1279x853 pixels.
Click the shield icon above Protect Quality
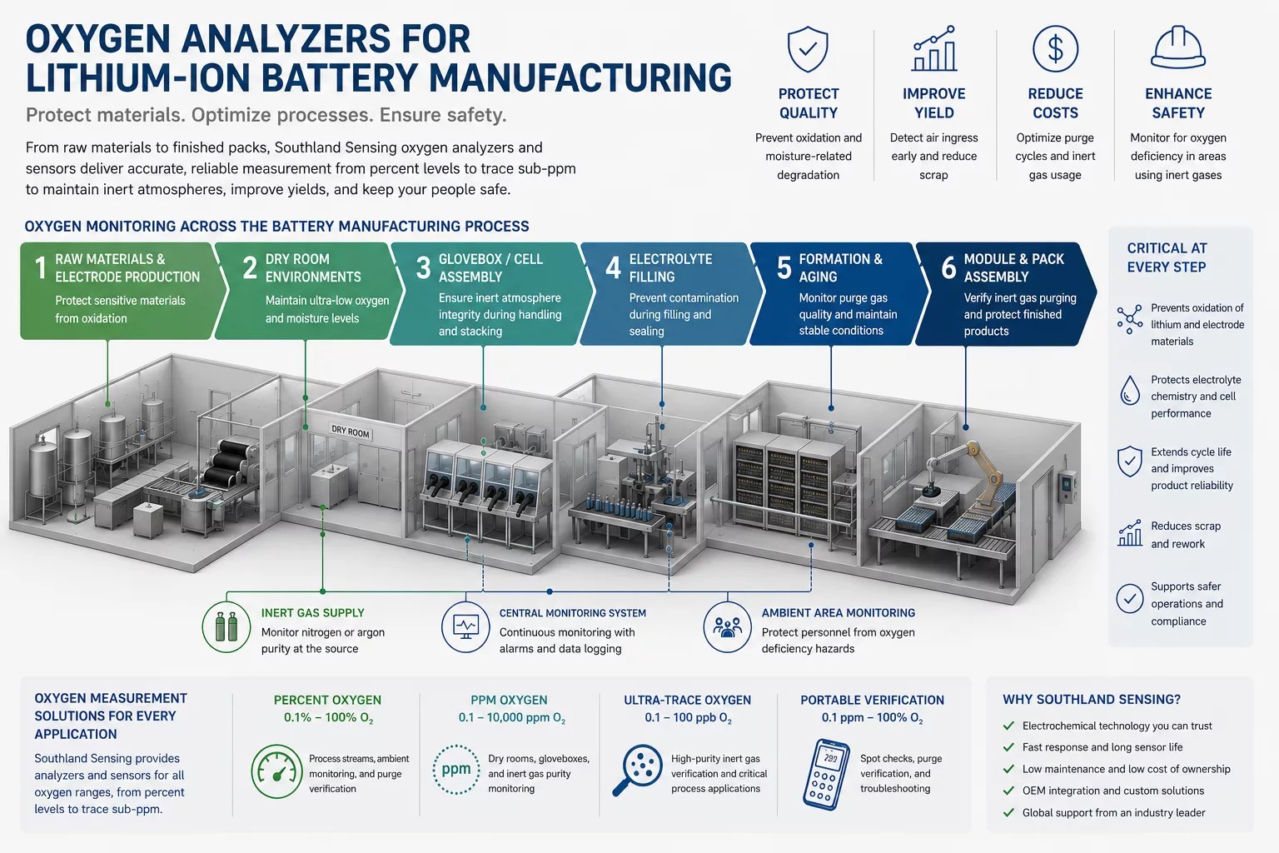[x=808, y=49]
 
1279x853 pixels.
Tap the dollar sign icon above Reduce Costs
[x=1055, y=48]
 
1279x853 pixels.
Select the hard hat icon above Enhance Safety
[x=1178, y=48]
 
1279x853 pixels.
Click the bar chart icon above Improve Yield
[x=934, y=48]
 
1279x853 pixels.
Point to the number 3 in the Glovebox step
[x=423, y=268]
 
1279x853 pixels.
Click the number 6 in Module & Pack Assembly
[x=948, y=267]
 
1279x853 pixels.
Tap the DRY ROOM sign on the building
[x=351, y=432]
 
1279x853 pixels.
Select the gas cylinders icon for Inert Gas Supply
[x=226, y=626]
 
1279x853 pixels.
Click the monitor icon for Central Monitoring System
[x=465, y=626]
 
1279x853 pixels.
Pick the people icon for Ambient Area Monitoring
[x=727, y=626]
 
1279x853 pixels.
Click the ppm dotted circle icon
[x=456, y=769]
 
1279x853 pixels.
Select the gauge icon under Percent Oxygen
[x=277, y=771]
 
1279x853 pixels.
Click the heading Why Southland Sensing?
[x=1091, y=700]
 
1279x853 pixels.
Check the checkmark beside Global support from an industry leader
[x=1009, y=812]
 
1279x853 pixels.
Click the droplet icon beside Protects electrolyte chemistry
[x=1129, y=391]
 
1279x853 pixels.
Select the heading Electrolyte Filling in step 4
[x=670, y=268]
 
